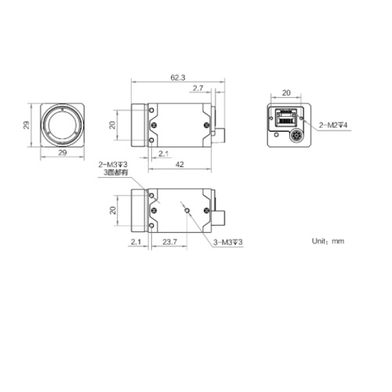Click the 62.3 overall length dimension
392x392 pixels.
tap(177, 78)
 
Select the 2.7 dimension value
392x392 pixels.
tap(197, 88)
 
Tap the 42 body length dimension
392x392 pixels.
tap(180, 164)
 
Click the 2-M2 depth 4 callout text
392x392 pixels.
tap(334, 125)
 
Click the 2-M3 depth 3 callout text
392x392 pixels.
tap(112, 164)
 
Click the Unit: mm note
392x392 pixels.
tap(328, 241)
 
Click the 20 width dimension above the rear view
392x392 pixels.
tap(286, 91)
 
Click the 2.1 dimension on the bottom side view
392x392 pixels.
tap(134, 242)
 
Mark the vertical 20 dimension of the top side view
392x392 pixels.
tap(112, 124)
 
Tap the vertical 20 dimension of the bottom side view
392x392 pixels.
tap(112, 209)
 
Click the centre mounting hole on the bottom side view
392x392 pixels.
tap(185, 208)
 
